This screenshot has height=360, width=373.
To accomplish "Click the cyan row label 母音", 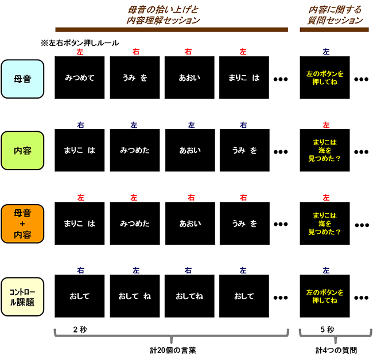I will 22,77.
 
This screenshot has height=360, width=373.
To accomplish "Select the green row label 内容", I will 22,150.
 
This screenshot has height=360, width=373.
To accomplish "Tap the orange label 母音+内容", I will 22,224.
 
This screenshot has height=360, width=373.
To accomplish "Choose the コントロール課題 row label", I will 22,296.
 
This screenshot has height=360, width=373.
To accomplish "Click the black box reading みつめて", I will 80,77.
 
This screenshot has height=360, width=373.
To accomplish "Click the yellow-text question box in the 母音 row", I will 325,77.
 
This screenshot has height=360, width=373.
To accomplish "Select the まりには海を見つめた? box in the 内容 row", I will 325,150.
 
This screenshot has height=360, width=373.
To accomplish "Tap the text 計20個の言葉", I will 172,349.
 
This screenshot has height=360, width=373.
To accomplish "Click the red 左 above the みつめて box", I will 80,52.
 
